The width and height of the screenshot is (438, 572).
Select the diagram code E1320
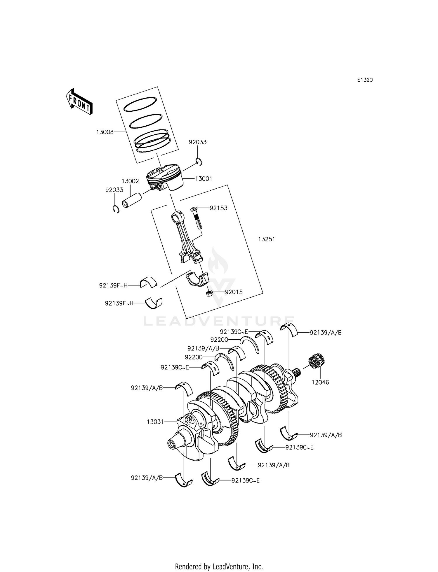coord(365,80)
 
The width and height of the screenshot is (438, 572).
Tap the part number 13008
coord(105,132)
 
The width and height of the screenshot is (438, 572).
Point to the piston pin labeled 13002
coord(131,200)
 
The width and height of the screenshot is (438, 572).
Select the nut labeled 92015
coord(209,294)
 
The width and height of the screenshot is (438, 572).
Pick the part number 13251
coord(266,239)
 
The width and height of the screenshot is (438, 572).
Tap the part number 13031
coord(155,422)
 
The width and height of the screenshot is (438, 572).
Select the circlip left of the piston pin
coord(116,209)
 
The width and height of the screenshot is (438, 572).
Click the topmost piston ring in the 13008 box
coord(140,104)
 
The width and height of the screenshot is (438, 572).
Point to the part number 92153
coord(218,208)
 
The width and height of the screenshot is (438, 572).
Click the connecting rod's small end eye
coord(176,217)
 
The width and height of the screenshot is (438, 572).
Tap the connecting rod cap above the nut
coord(198,279)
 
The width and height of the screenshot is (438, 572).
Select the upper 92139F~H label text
coord(113,285)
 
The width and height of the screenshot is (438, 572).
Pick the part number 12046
coord(320,382)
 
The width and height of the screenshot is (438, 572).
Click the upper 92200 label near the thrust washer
coord(219,340)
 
